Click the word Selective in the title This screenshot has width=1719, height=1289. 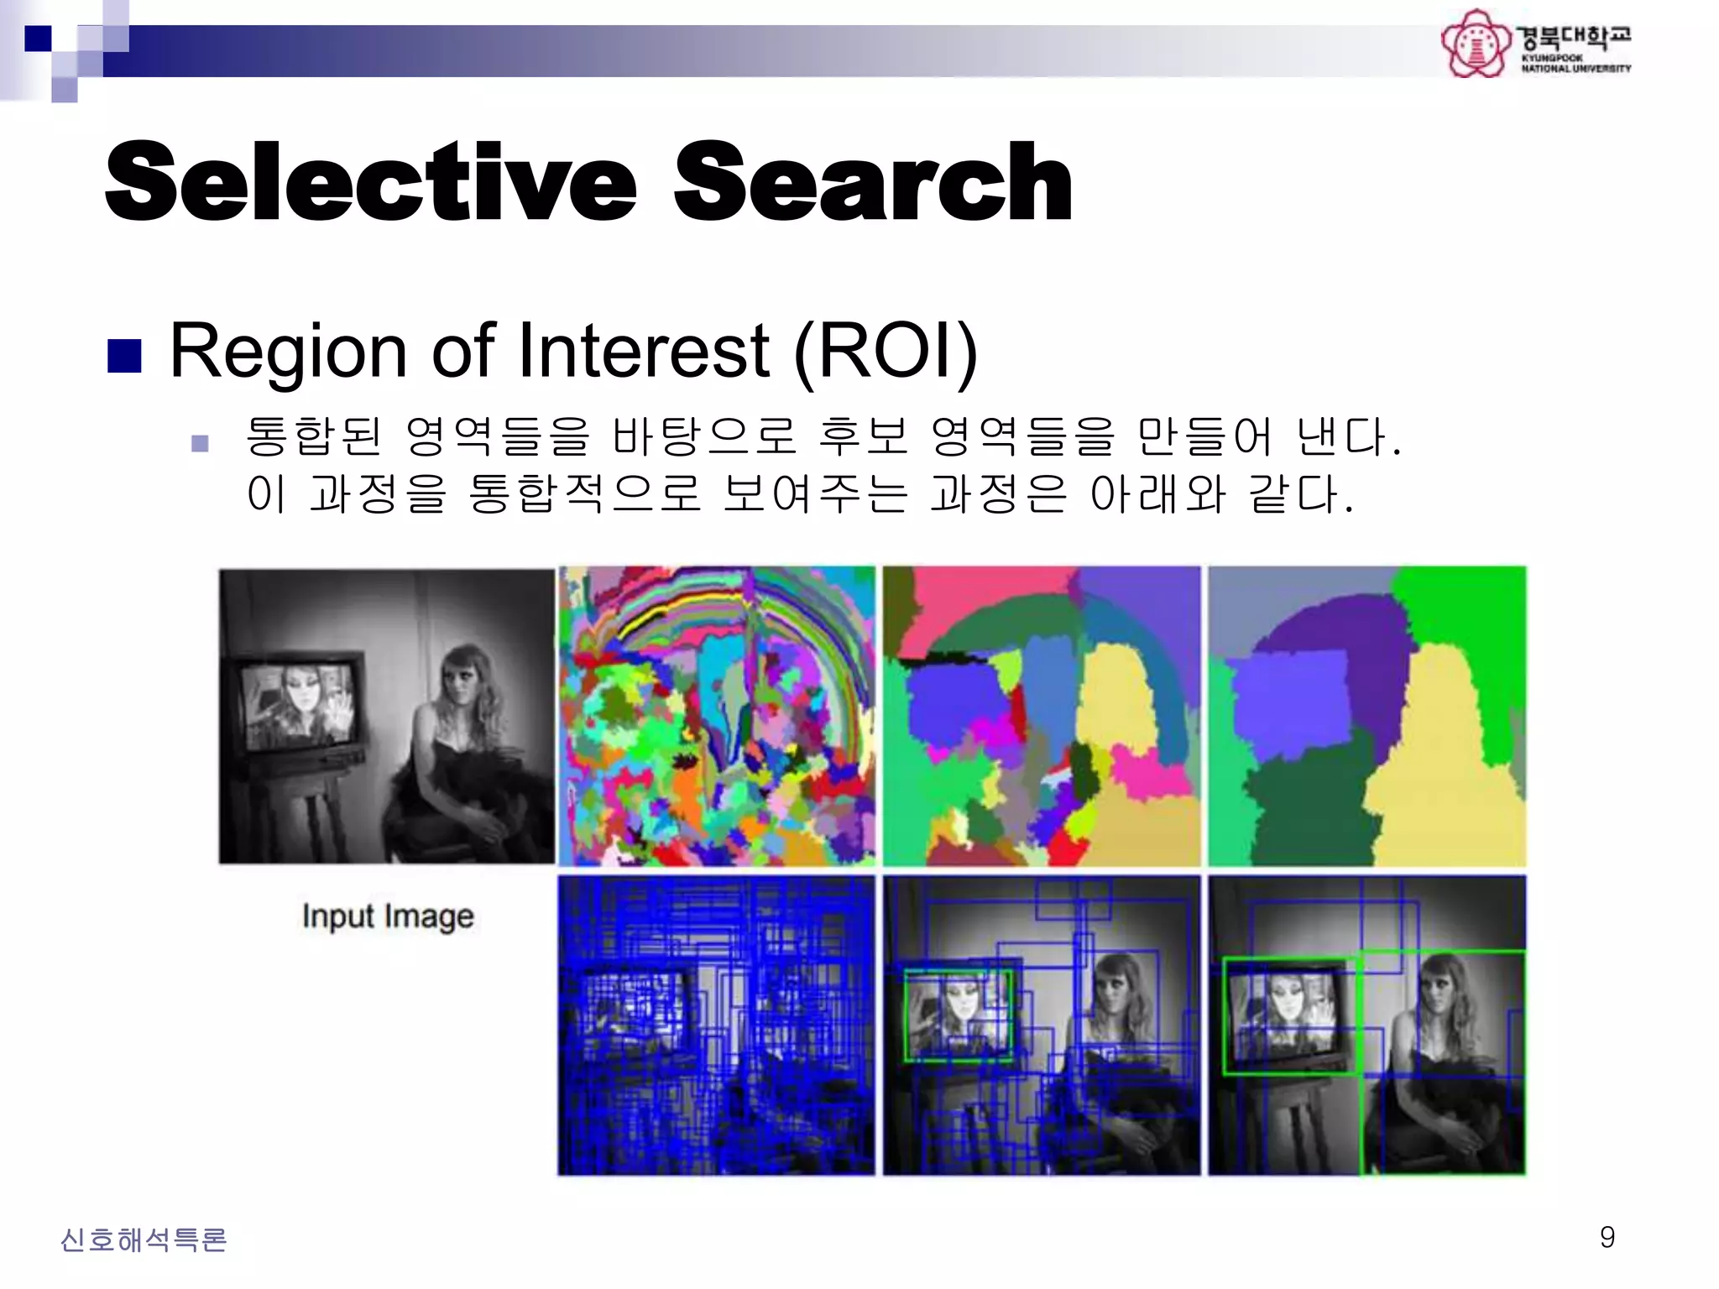369,182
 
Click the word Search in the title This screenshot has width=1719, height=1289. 873,182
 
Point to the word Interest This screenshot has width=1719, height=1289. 643,351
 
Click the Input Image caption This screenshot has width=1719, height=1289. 388,916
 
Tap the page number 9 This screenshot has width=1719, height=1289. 1607,1237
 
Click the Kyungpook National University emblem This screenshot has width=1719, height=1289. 1475,44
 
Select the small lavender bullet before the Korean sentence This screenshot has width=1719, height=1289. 200,442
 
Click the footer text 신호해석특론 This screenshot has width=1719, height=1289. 144,1239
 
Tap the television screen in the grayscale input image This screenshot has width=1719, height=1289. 298,703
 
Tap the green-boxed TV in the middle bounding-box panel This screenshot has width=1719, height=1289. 958,1016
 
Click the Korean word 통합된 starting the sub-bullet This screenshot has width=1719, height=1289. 312,436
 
